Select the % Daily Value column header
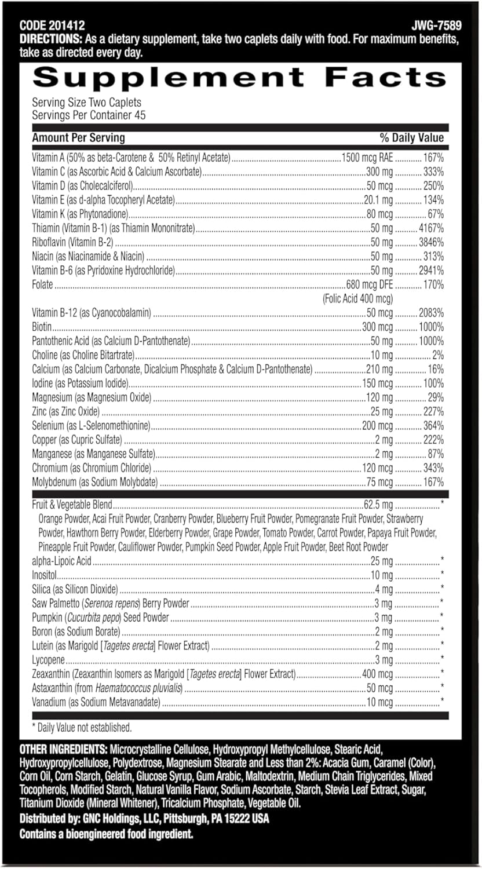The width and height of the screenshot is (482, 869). [411, 138]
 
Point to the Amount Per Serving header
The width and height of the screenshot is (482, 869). [78, 138]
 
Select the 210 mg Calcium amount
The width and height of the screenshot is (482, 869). [379, 369]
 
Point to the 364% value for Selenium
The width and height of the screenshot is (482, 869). [433, 426]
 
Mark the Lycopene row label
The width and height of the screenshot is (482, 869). [49, 660]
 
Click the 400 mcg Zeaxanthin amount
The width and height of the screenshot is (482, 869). [377, 674]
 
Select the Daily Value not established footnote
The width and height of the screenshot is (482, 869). [82, 727]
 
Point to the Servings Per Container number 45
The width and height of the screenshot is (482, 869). [138, 115]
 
